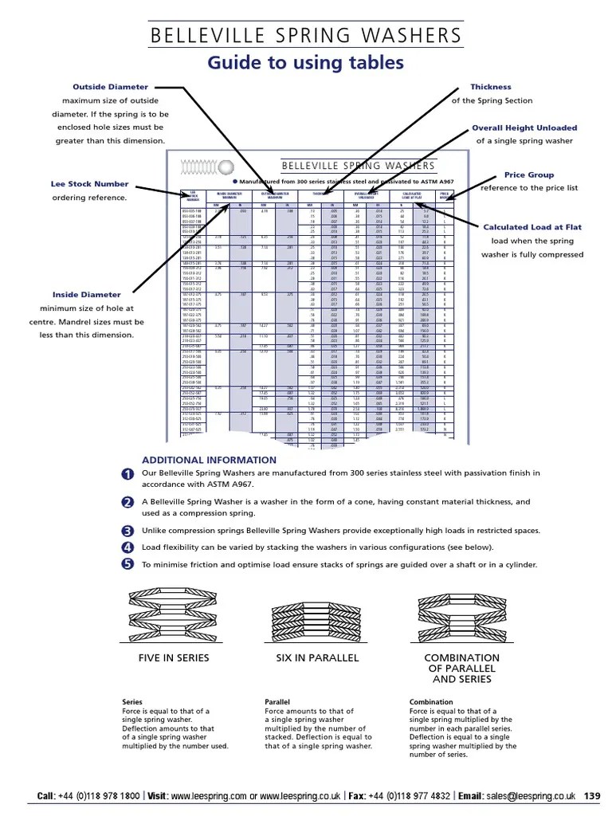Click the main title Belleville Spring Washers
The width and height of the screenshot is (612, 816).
(306, 36)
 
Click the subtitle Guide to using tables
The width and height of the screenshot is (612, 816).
(306, 63)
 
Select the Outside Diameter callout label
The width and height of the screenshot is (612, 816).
(110, 87)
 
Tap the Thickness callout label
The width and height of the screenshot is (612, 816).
(491, 87)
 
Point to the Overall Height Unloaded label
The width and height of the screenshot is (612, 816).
(524, 127)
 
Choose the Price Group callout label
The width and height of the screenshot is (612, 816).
(529, 175)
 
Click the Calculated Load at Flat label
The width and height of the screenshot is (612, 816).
(532, 227)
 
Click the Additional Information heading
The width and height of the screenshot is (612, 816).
(209, 461)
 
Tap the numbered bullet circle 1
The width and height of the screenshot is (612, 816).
(127, 475)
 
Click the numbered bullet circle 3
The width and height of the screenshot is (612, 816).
(127, 532)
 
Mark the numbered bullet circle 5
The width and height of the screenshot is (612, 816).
(127, 565)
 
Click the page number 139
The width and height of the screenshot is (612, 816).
(592, 795)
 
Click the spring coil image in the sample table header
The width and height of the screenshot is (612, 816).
(206, 167)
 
